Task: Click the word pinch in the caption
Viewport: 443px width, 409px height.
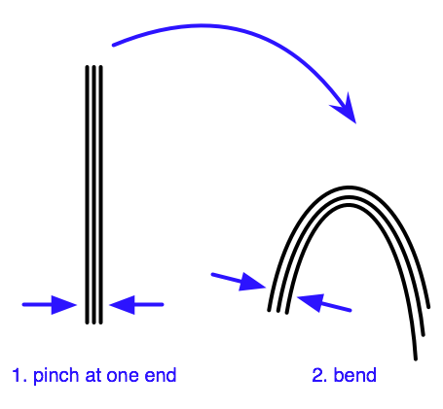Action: [55, 377]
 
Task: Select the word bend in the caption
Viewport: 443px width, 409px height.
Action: [354, 375]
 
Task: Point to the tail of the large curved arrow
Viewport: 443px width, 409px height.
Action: [113, 45]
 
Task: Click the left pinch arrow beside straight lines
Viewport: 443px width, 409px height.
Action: [50, 305]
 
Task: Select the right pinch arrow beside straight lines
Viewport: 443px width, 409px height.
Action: [136, 305]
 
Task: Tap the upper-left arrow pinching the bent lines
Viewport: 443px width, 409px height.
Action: [239, 281]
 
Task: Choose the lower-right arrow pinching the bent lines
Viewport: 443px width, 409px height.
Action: [324, 303]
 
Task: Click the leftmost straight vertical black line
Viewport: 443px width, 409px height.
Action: [87, 194]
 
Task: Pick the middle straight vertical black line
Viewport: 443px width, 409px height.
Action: [93, 194]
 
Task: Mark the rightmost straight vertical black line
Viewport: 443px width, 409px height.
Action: [100, 194]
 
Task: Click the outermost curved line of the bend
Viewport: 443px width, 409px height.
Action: [349, 187]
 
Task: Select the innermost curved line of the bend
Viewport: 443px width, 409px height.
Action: [348, 205]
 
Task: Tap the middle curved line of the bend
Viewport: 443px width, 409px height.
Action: [349, 196]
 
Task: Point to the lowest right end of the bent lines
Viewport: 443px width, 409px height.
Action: [416, 359]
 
